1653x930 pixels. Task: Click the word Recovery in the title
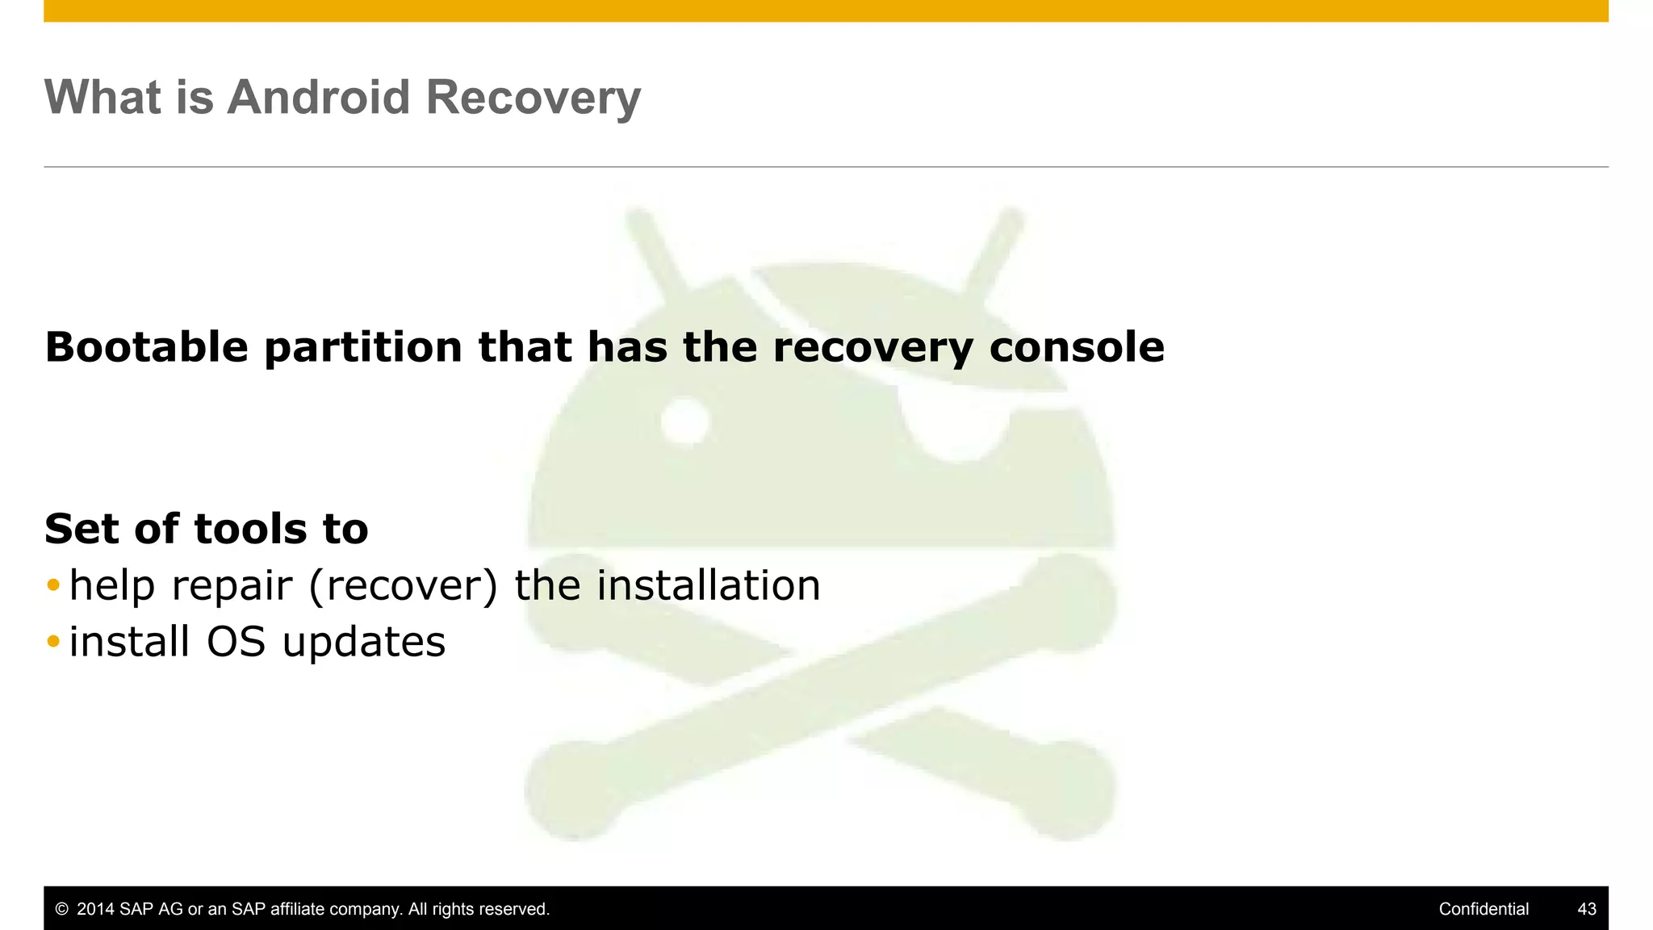pyautogui.click(x=533, y=98)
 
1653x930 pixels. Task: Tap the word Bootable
pyautogui.click(x=146, y=347)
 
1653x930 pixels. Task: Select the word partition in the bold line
pyautogui.click(x=362, y=347)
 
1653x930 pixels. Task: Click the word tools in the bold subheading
pyautogui.click(x=251, y=529)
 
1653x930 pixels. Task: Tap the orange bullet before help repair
pyautogui.click(x=53, y=584)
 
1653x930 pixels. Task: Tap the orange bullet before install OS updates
pyautogui.click(x=53, y=642)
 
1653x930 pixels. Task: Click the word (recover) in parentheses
pyautogui.click(x=404, y=585)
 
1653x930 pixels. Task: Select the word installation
pyautogui.click(x=708, y=585)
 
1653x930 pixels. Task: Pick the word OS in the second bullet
pyautogui.click(x=236, y=642)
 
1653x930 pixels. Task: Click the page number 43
pyautogui.click(x=1586, y=909)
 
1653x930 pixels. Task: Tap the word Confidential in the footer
pyautogui.click(x=1483, y=909)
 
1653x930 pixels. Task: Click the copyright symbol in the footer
pyautogui.click(x=61, y=909)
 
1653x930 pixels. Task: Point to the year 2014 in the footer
pyautogui.click(x=95, y=909)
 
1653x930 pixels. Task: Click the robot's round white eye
pyautogui.click(x=684, y=421)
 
